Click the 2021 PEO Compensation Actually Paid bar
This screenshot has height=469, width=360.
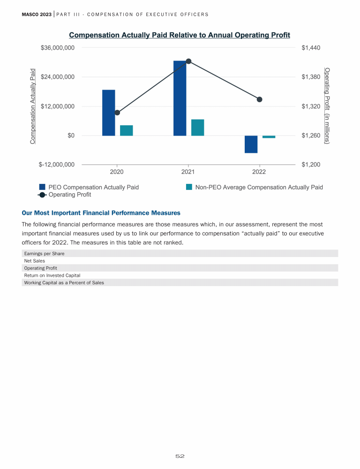coord(180,98)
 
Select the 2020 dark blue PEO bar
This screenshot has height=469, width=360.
coord(108,113)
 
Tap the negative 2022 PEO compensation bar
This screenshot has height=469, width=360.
coord(251,144)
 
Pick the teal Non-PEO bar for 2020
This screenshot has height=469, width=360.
coord(126,130)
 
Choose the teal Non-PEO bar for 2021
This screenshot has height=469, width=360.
coord(197,128)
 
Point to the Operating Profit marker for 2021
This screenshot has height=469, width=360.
coord(188,61)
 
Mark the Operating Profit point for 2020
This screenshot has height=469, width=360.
coord(117,113)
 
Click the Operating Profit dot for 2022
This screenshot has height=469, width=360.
coord(260,99)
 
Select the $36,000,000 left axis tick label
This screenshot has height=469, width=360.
coord(58,48)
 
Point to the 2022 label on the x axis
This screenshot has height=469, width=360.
coord(259,172)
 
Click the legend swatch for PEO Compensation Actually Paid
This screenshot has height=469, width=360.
coord(42,187)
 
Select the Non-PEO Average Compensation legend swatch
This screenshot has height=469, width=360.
coord(189,187)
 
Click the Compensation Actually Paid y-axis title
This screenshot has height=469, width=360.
coord(33,106)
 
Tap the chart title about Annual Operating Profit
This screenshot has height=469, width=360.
coord(180,35)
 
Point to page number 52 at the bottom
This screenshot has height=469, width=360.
coord(180,456)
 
